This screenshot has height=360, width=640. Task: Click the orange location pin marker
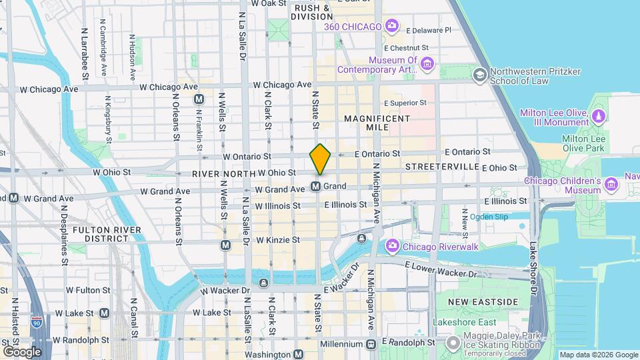[320, 159]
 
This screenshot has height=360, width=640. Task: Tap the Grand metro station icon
[316, 186]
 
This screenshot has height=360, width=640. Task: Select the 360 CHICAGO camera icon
[392, 27]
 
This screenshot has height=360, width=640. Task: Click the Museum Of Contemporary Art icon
[427, 64]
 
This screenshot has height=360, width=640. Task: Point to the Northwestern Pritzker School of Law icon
[479, 75]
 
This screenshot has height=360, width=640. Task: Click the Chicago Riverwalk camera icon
[393, 247]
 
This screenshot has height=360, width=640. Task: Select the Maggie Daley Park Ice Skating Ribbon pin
[453, 344]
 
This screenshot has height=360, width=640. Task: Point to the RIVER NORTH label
[223, 173]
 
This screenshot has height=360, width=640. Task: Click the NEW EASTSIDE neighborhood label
[483, 302]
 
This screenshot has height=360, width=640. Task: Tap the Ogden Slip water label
[489, 217]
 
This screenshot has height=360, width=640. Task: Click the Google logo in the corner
[21, 351]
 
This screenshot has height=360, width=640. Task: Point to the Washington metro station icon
[299, 355]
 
